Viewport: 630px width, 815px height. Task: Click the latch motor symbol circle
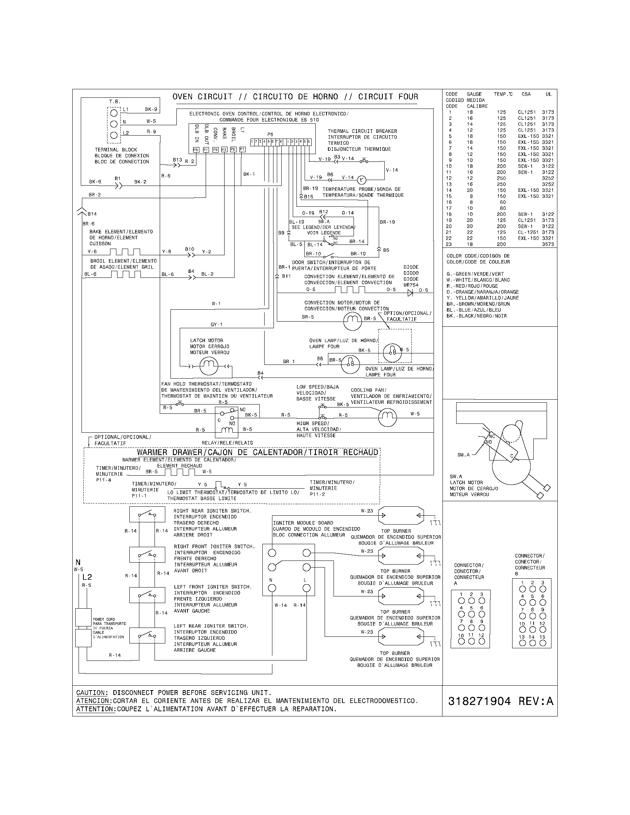click(209, 366)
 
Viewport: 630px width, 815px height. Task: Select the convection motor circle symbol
click(352, 321)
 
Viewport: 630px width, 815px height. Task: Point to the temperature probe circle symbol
click(361, 180)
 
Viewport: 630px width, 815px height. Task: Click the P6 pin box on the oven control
click(196, 150)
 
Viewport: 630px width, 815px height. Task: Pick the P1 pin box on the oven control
click(242, 150)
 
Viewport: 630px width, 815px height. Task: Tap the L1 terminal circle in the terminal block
click(114, 113)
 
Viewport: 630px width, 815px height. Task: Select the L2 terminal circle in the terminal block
click(114, 135)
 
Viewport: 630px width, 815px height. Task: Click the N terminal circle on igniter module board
click(272, 588)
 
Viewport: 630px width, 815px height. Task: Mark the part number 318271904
click(479, 701)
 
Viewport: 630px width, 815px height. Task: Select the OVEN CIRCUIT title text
click(202, 97)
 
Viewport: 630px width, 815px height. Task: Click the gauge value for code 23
click(470, 245)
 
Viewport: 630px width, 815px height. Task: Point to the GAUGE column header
click(474, 94)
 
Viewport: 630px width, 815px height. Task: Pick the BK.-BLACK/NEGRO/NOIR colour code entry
click(477, 316)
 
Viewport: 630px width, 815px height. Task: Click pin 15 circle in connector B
click(543, 643)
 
